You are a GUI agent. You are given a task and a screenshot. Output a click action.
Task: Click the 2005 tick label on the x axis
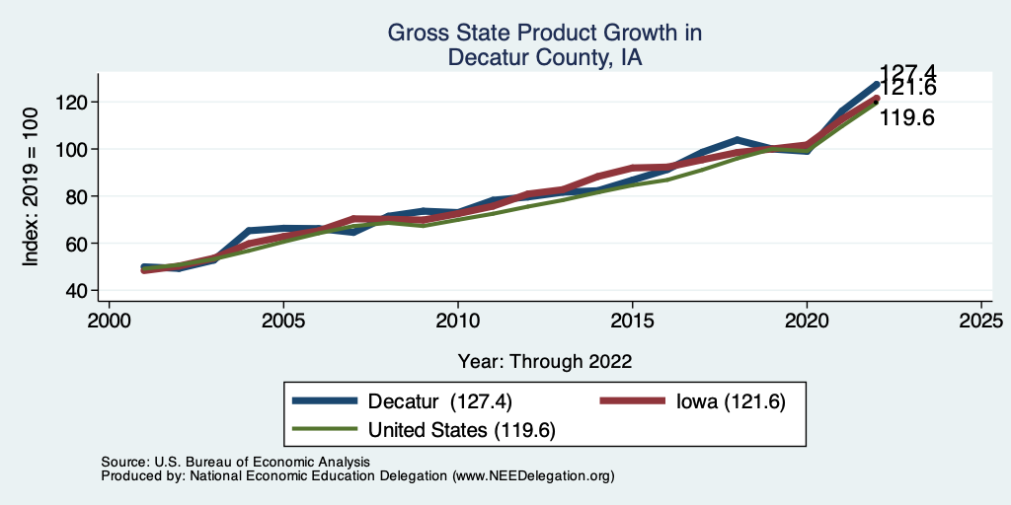click(283, 322)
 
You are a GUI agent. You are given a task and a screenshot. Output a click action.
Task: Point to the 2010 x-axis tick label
click(458, 322)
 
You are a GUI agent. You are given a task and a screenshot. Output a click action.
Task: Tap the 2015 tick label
click(632, 322)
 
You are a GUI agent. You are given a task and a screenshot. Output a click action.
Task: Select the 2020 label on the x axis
click(807, 322)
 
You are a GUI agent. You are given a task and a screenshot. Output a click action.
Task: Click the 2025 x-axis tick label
click(980, 322)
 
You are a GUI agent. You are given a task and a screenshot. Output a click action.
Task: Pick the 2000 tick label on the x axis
click(109, 322)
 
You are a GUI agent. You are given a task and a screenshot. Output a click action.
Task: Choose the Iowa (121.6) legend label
click(731, 401)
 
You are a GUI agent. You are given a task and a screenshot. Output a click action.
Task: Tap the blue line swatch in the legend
click(326, 401)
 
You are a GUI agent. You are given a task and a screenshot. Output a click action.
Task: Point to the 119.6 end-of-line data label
click(906, 118)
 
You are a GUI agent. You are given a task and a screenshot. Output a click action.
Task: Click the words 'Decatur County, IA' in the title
click(545, 57)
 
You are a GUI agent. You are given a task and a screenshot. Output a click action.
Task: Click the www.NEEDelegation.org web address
click(533, 475)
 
